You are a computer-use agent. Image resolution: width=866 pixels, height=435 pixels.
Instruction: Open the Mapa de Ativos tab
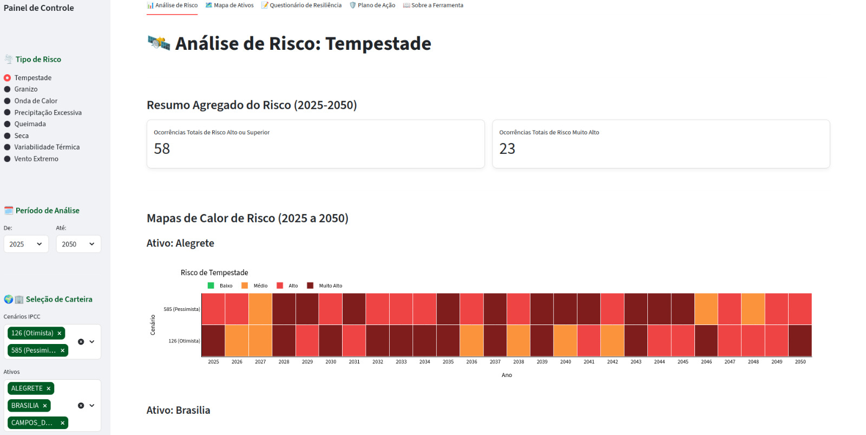point(229,5)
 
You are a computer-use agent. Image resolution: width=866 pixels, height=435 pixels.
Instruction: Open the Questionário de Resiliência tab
point(301,5)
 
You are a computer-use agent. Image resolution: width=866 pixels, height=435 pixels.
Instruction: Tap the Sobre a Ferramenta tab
point(433,5)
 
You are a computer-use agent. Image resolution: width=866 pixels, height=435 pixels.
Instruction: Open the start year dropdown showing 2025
point(26,244)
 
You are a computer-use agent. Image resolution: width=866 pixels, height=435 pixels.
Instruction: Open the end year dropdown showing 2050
point(78,244)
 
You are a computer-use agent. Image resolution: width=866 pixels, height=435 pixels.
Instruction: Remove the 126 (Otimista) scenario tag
point(60,334)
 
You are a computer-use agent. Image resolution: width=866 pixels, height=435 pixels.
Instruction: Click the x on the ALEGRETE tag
point(49,389)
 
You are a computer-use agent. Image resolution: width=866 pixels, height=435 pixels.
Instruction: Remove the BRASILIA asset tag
point(45,406)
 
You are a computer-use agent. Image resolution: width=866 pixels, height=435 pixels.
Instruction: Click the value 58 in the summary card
point(162,149)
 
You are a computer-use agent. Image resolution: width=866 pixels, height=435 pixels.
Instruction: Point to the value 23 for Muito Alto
point(507,149)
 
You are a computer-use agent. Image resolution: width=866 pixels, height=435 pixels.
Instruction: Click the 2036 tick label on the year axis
point(471,362)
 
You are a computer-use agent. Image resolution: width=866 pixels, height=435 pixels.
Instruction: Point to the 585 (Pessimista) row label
point(182,309)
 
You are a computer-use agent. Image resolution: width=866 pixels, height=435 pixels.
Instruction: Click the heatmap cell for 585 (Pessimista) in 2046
point(706,309)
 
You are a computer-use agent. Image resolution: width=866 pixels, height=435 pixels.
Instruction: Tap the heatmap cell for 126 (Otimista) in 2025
point(213,341)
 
